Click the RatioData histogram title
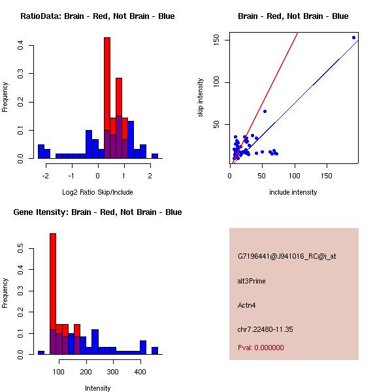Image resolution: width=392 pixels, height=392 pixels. click(97, 16)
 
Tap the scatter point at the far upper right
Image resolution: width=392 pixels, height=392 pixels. click(353, 37)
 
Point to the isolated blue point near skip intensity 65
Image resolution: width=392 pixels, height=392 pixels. click(265, 111)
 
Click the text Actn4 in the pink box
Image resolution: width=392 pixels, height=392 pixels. click(247, 305)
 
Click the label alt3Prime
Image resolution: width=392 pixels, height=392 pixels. click(252, 281)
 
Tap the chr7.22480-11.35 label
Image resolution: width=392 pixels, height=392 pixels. click(265, 329)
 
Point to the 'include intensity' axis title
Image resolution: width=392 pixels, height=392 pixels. click(293, 192)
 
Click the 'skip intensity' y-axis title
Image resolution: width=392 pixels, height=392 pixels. click(201, 98)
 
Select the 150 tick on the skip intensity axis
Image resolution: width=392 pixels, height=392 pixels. click(221, 40)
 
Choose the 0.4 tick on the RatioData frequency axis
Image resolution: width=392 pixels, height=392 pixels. click(21, 45)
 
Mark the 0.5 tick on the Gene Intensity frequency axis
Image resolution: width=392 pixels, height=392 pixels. click(21, 248)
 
